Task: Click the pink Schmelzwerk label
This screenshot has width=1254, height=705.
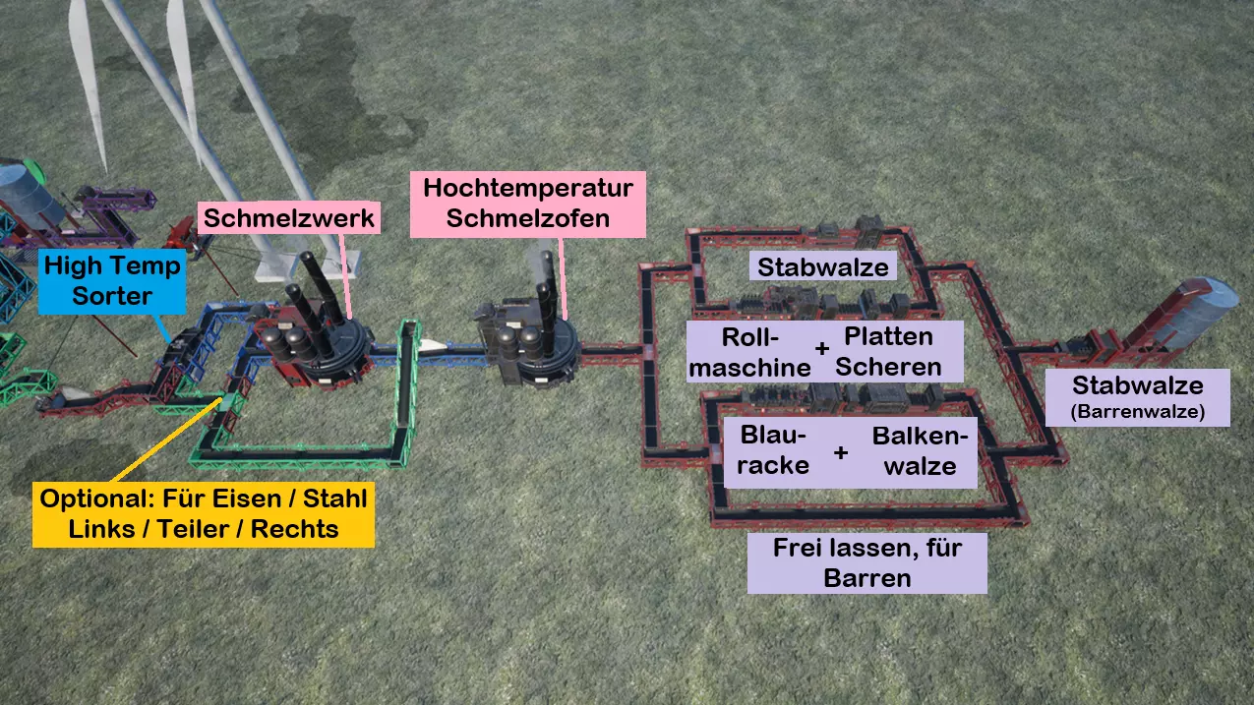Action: pos(288,217)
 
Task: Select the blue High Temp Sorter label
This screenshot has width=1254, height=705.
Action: pos(112,280)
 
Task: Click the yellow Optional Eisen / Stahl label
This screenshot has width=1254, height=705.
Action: pos(204,513)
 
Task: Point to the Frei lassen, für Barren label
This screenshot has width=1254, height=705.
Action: pos(866,562)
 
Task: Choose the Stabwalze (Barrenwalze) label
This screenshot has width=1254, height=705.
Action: pos(1137,396)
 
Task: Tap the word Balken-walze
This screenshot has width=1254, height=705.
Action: pos(920,450)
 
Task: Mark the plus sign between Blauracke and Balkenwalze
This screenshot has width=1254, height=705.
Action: pos(841,453)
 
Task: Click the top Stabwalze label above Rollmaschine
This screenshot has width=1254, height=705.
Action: pos(823,266)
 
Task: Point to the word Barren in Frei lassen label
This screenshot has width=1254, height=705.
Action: pos(866,577)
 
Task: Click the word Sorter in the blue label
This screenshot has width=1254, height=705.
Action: pos(112,295)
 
